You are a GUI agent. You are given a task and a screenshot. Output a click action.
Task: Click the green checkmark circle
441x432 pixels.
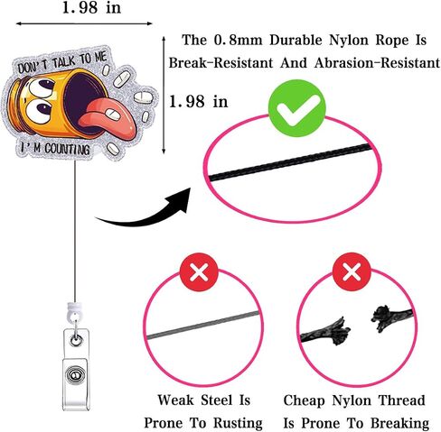pyautogui.click(x=297, y=108)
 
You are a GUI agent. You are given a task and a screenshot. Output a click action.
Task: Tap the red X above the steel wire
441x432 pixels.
pyautogui.click(x=199, y=271)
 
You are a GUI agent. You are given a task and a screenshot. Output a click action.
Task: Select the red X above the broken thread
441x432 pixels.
pyautogui.click(x=352, y=271)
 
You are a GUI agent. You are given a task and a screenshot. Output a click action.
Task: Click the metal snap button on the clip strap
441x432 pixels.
pyautogui.click(x=75, y=375)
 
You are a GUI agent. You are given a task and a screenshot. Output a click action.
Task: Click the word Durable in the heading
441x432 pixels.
pyautogui.click(x=296, y=40)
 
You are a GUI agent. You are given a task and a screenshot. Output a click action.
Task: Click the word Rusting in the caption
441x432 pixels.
pyautogui.click(x=238, y=423)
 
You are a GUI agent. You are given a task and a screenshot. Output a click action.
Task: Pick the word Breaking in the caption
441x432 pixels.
pyautogui.click(x=399, y=423)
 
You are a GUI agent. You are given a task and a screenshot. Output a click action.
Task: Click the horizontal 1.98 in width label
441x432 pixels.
pyautogui.click(x=91, y=7)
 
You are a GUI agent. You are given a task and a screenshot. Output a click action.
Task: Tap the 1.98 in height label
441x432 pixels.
pyautogui.click(x=198, y=101)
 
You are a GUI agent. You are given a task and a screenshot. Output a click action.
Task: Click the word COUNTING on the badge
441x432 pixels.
pyautogui.click(x=67, y=149)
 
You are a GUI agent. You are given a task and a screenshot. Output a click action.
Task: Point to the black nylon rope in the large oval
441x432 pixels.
pyautogui.click(x=290, y=162)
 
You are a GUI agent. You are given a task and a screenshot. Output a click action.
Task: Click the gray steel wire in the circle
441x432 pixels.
pyautogui.click(x=203, y=326)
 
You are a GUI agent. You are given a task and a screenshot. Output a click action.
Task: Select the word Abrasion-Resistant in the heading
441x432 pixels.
pyautogui.click(x=377, y=63)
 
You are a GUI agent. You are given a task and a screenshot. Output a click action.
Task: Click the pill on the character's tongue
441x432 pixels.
pyautogui.click(x=112, y=114)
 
